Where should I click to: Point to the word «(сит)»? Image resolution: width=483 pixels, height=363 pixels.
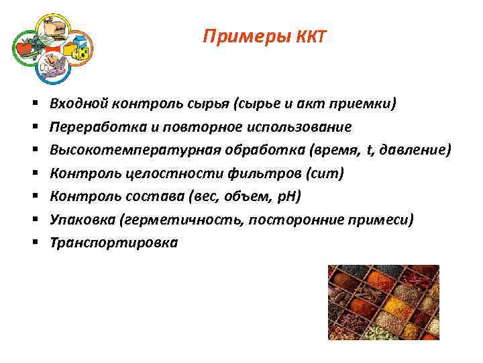coord(324,173)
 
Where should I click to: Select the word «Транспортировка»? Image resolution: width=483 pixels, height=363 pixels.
coord(114,243)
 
